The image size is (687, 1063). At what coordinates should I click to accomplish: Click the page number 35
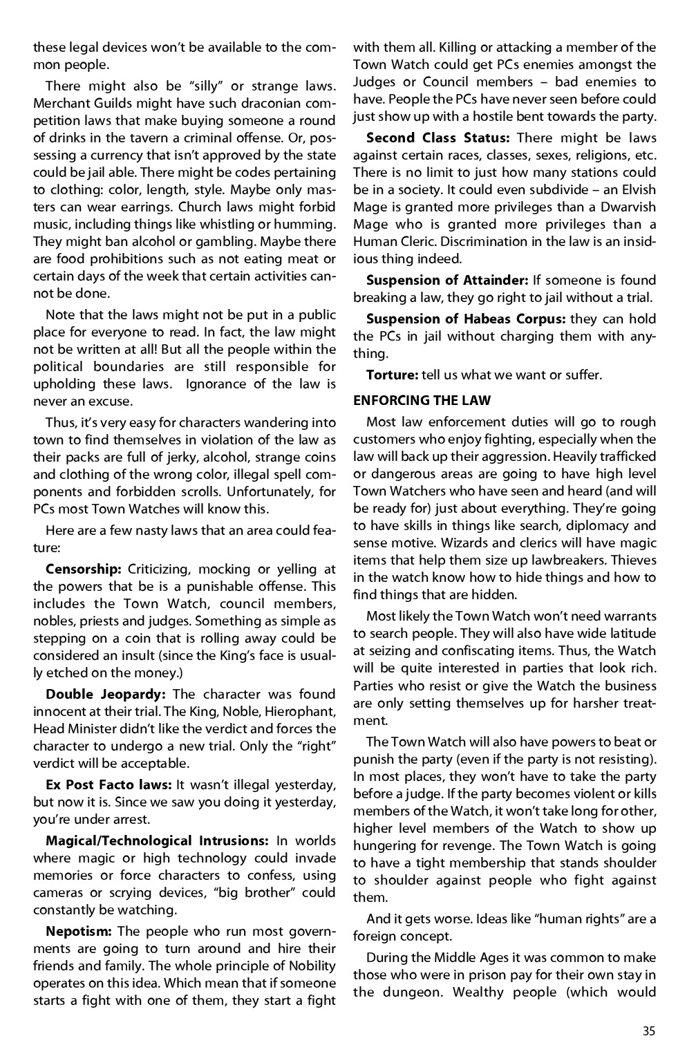click(648, 1031)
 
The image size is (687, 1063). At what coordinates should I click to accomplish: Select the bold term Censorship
click(84, 569)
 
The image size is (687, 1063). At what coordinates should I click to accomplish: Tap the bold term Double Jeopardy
click(106, 694)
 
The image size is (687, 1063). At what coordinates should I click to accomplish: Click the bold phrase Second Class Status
click(438, 138)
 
